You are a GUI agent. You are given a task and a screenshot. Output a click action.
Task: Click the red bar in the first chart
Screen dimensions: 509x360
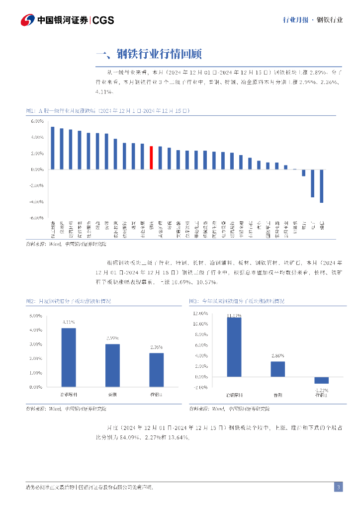[152, 158]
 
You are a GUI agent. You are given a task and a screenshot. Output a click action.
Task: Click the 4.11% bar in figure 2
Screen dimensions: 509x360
[69, 357]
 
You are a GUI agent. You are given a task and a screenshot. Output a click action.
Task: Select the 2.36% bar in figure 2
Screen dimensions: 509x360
[157, 370]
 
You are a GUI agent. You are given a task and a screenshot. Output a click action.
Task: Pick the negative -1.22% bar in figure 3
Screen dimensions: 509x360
[321, 380]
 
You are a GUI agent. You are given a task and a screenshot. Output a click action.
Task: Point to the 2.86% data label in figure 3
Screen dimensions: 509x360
[277, 356]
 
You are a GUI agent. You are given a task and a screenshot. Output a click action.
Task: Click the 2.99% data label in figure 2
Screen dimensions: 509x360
[113, 339]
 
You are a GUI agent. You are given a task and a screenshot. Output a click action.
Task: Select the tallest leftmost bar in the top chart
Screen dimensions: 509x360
[53, 148]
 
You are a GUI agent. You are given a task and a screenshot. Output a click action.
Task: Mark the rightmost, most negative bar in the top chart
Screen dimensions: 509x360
[322, 186]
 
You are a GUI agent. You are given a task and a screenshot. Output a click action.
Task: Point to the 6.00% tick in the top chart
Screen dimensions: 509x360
[37, 121]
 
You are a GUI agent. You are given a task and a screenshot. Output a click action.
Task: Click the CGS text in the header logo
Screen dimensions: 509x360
[103, 20]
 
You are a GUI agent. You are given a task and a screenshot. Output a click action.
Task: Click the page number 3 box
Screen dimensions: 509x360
[338, 487]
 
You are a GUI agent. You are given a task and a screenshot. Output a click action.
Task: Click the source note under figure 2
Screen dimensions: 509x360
[66, 409]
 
